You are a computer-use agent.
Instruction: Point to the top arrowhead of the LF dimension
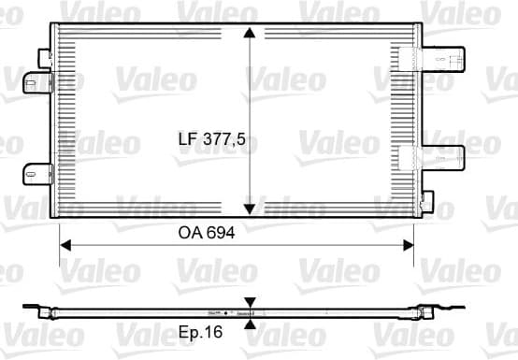pyautogui.click(x=250, y=34)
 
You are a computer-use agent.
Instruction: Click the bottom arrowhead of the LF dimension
pyautogui.click(x=250, y=209)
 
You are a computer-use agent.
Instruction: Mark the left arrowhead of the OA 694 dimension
pyautogui.click(x=66, y=245)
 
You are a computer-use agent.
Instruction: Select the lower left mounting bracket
pyautogui.click(x=37, y=173)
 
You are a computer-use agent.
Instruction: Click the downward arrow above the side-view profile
pyautogui.click(x=250, y=303)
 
